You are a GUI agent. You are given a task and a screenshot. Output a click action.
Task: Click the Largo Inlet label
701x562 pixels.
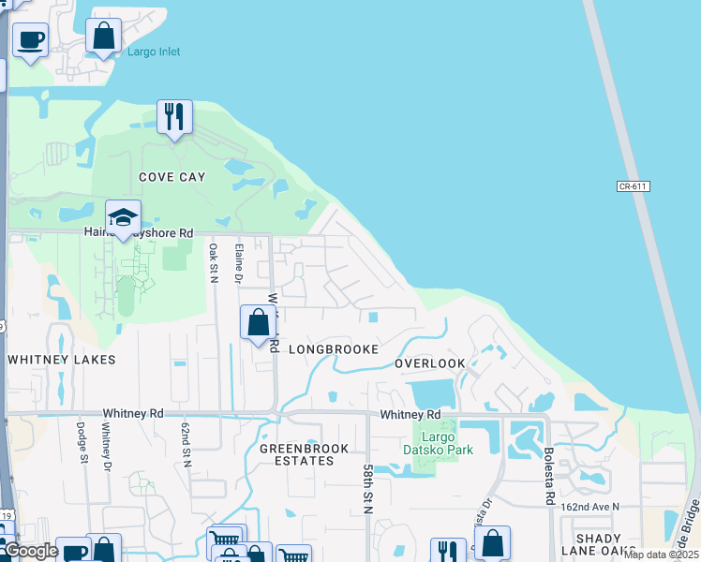pyautogui.click(x=155, y=52)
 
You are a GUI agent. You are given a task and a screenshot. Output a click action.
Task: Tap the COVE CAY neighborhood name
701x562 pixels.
pyautogui.click(x=172, y=176)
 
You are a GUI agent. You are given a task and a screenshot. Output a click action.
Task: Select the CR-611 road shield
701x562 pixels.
pyautogui.click(x=634, y=186)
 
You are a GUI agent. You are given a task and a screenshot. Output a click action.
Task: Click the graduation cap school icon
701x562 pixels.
pyautogui.click(x=123, y=219)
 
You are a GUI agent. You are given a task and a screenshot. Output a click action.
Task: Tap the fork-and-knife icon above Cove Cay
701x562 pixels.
pyautogui.click(x=174, y=117)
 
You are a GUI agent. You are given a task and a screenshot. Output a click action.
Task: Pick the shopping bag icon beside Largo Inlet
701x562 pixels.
pyautogui.click(x=104, y=37)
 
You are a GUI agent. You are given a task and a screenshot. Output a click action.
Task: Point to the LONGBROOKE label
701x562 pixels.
pyautogui.click(x=334, y=348)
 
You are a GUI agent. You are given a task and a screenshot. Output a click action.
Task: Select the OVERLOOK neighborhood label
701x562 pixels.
pyautogui.click(x=429, y=362)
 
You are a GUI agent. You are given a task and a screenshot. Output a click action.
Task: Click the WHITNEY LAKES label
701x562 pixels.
pyautogui.click(x=61, y=359)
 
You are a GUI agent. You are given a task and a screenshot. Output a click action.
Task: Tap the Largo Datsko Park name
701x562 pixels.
pyautogui.click(x=445, y=442)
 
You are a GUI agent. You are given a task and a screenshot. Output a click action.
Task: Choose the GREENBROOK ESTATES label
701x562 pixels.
pyautogui.click(x=297, y=454)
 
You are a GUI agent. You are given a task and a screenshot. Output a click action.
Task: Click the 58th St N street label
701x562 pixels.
pyautogui.click(x=367, y=487)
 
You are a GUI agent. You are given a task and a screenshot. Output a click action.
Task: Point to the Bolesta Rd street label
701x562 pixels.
pyautogui.click(x=548, y=478)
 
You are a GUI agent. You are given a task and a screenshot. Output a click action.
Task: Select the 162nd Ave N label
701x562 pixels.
pyautogui.click(x=590, y=507)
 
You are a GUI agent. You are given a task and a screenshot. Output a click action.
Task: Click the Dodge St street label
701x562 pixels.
pyautogui.click(x=82, y=440)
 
